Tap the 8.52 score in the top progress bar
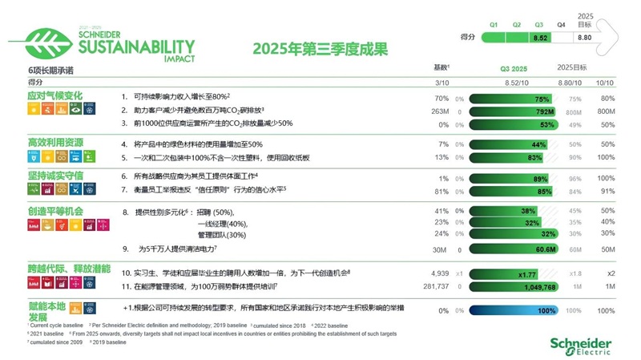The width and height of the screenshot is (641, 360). [539, 37]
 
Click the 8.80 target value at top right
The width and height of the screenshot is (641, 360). [585, 37]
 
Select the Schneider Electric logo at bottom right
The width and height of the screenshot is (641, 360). [580, 346]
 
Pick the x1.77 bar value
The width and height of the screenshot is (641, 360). [526, 273]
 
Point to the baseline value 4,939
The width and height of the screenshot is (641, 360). [440, 273]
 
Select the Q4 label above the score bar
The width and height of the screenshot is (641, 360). [560, 24]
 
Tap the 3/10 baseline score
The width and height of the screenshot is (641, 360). [441, 82]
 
